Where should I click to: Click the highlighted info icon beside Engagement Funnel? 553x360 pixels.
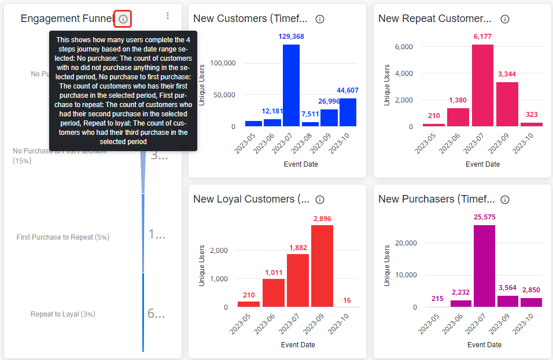[x=123, y=19]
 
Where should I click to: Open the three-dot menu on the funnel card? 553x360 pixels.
[x=168, y=16]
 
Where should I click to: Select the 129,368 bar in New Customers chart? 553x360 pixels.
[x=291, y=85]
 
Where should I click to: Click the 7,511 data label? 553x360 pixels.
[x=310, y=114]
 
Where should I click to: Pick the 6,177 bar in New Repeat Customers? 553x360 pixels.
[x=482, y=85]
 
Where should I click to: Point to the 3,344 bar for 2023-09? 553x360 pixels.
[x=507, y=104]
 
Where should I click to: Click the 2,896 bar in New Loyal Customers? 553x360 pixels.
[x=322, y=266]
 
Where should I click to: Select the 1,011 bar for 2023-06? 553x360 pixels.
[x=274, y=293]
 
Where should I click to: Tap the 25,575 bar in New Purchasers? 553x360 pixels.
[x=484, y=266]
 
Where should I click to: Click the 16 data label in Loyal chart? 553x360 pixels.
[x=346, y=300]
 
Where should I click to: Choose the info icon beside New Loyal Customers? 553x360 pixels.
[x=320, y=200]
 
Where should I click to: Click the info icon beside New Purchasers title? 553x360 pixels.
[x=505, y=200]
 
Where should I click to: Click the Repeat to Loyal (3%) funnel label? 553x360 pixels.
[x=62, y=314]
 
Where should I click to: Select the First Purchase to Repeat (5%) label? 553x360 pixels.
[x=62, y=237]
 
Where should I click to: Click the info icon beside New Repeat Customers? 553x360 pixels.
[x=505, y=19]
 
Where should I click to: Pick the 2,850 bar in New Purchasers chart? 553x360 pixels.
[x=531, y=302]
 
